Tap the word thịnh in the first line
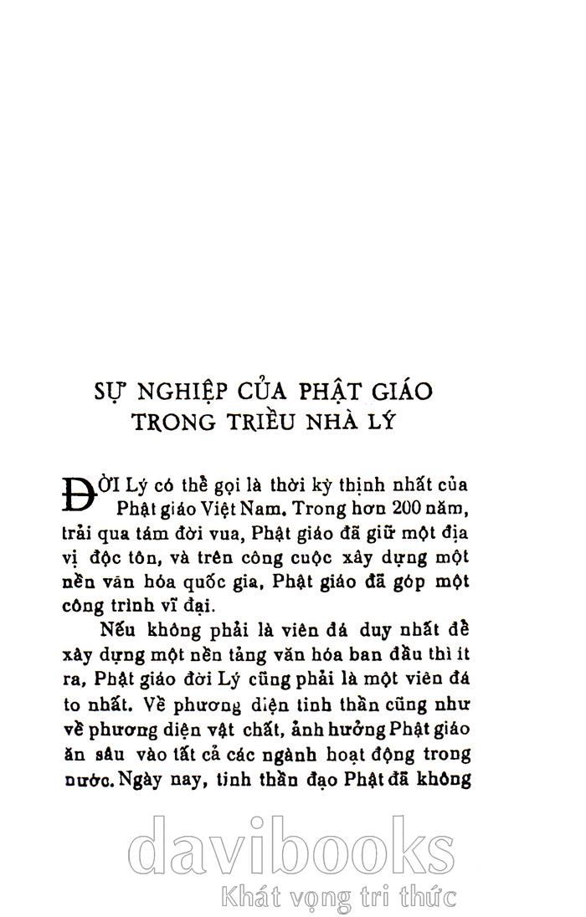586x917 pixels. point(352,485)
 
